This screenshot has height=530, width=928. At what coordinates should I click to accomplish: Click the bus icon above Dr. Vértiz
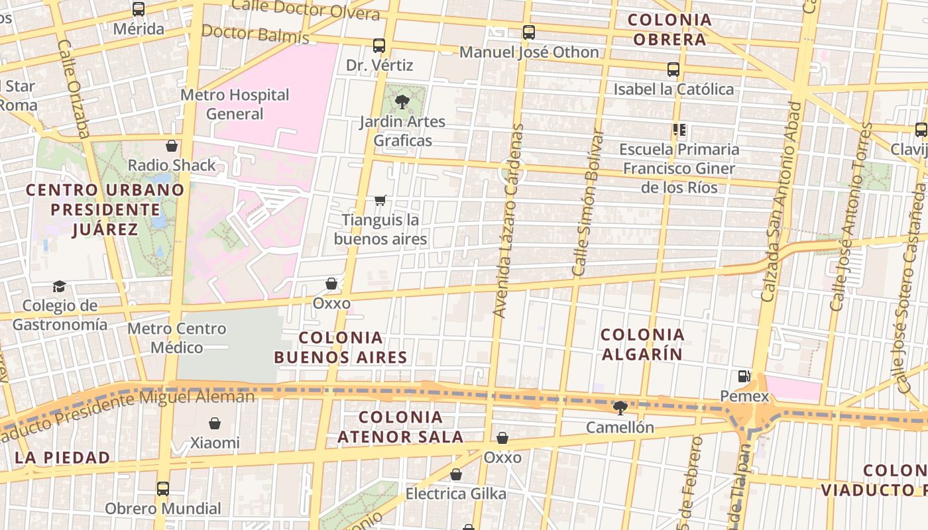[379, 46]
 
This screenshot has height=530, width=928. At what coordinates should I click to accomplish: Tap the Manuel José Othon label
[529, 52]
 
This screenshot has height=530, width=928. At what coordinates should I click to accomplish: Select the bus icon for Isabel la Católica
[673, 70]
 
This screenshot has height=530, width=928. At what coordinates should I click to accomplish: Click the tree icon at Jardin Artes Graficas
[402, 101]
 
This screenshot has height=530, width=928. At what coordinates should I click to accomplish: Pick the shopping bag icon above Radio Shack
[172, 146]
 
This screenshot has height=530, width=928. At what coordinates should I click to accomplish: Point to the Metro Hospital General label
[235, 104]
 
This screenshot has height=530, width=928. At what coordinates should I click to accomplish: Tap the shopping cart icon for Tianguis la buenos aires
[380, 200]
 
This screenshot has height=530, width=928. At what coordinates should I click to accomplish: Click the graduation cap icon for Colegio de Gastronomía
[60, 286]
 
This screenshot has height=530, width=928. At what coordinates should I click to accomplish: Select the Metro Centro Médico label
[177, 338]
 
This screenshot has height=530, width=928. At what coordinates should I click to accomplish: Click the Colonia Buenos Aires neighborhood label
[341, 348]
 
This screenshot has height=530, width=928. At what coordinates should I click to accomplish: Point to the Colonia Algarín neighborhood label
[642, 344]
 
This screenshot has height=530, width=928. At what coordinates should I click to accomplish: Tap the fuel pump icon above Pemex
[744, 376]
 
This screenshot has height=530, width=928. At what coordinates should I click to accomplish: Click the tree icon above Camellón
[620, 407]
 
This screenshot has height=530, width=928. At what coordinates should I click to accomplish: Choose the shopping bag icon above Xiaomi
[215, 423]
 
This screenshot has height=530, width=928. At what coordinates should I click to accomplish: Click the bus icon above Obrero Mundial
[163, 489]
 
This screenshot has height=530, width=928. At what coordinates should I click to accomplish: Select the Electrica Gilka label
[455, 494]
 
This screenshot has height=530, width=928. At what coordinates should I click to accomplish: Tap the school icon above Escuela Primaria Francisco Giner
[679, 130]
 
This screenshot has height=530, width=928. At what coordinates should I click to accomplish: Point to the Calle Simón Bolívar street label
[588, 202]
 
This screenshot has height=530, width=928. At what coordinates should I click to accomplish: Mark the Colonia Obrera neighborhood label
[669, 30]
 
